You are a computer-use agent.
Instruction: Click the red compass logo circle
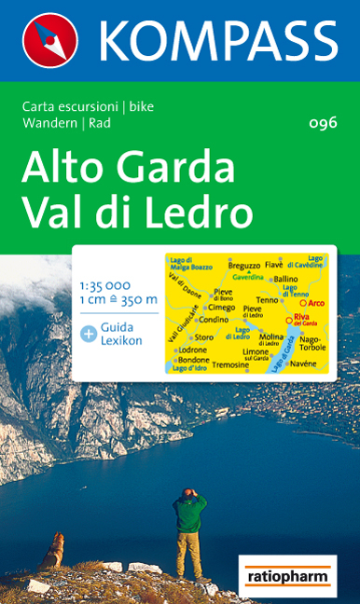point(49,39)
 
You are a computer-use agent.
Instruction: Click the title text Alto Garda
point(129,168)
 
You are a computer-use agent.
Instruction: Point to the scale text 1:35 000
point(105,283)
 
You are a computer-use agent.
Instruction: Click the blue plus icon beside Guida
point(89,332)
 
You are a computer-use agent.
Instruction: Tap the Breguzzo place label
point(243,267)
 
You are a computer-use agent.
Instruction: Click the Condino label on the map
point(214,320)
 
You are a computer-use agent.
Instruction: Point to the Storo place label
point(204,336)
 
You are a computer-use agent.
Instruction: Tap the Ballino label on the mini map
point(286,279)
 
